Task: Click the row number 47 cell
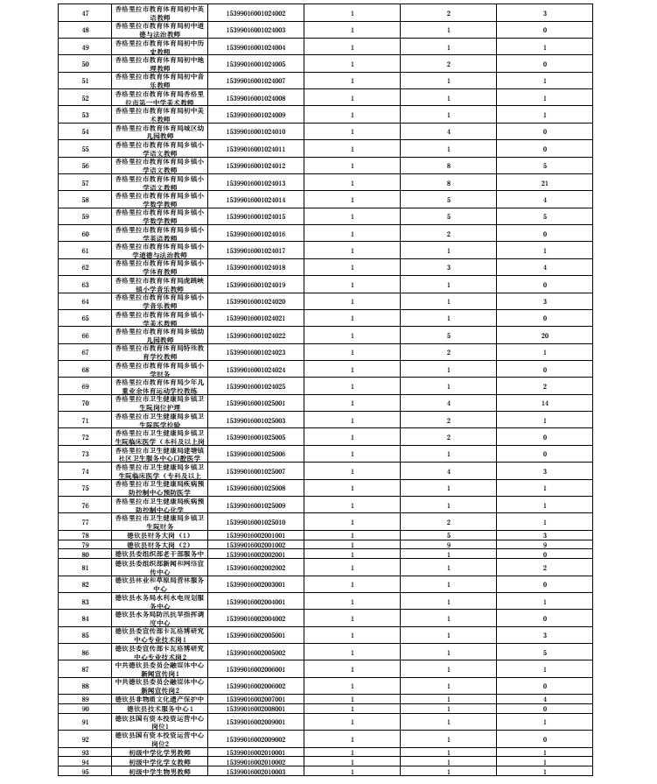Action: (85, 13)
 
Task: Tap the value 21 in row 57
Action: (544, 182)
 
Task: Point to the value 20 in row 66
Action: (544, 335)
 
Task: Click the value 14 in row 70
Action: (544, 402)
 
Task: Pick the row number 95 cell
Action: (85, 771)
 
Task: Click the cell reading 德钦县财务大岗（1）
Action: (159, 534)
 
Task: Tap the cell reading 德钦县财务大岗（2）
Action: (159, 544)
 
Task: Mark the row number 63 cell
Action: (85, 284)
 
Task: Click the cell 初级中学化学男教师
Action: (159, 752)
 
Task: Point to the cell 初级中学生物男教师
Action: (159, 771)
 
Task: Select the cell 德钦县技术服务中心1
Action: (159, 708)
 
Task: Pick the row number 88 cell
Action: (85, 685)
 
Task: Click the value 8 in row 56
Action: (448, 166)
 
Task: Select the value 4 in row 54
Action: (448, 131)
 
